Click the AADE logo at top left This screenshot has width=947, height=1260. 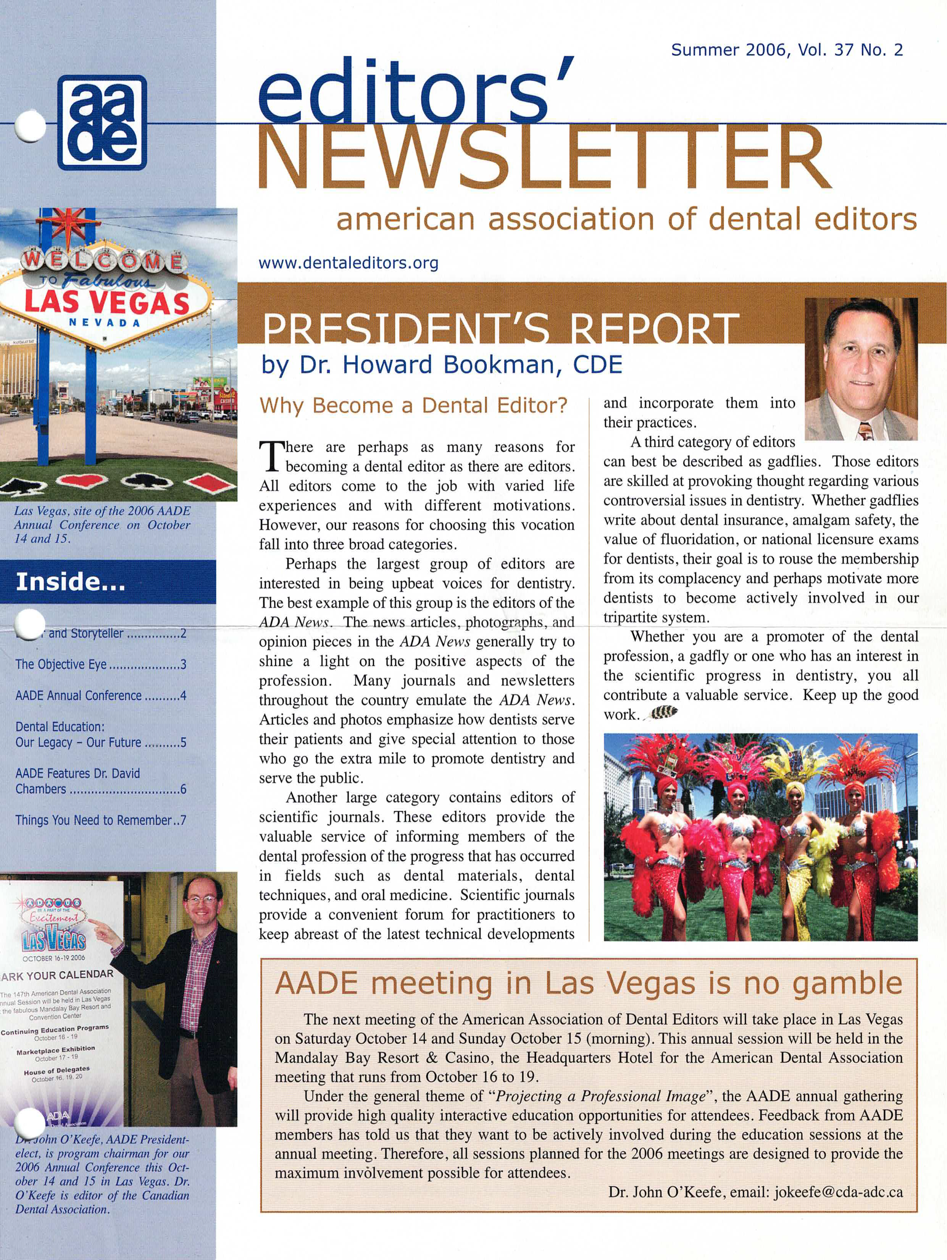(102, 123)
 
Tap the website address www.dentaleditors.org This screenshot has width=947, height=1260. (348, 263)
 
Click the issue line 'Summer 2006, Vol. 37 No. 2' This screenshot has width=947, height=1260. (786, 50)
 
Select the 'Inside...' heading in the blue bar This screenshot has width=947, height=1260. (71, 582)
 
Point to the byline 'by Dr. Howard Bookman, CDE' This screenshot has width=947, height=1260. (441, 365)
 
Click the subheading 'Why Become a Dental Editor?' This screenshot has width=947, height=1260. (413, 406)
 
